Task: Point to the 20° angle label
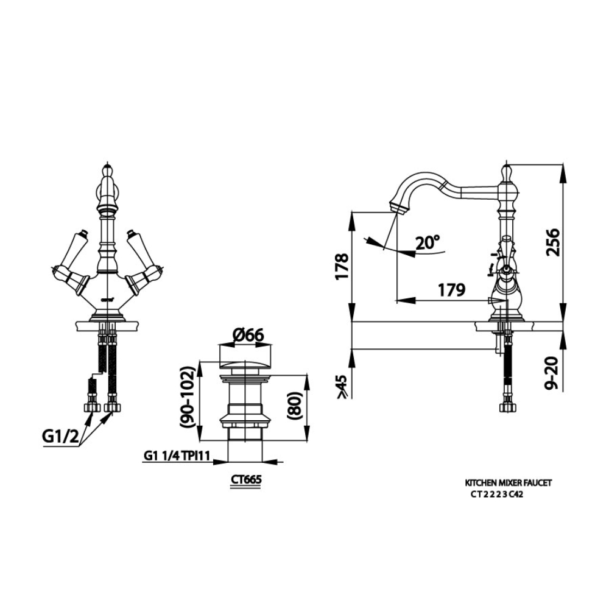(x=428, y=243)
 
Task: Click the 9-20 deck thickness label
(x=552, y=373)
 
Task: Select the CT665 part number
(x=246, y=480)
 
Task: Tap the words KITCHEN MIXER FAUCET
(x=508, y=482)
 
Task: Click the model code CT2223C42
(x=497, y=495)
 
